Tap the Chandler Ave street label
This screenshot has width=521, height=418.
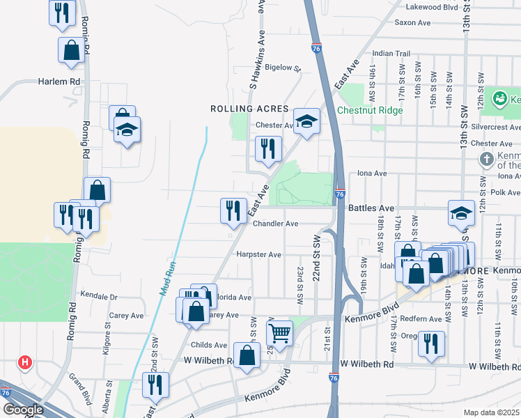[275, 224]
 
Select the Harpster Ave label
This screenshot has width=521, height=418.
[258, 255]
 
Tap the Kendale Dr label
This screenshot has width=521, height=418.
[99, 296]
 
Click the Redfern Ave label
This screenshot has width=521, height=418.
[426, 319]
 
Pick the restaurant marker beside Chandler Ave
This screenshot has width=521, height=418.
[233, 210]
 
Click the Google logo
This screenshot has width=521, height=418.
[22, 410]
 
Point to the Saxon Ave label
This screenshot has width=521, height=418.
[412, 22]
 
